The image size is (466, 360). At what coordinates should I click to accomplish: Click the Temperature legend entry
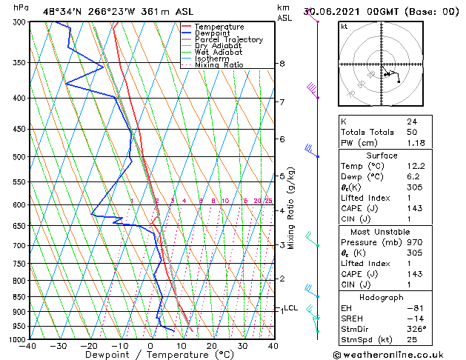click(x=219, y=27)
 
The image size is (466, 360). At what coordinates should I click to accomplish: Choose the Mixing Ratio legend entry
click(x=219, y=65)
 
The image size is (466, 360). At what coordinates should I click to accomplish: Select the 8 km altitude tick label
click(x=282, y=64)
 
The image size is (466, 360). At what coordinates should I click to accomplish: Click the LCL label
click(x=291, y=308)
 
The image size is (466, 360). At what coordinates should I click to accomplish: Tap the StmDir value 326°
click(x=416, y=329)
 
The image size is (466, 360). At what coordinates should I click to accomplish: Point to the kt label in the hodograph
click(x=344, y=27)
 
